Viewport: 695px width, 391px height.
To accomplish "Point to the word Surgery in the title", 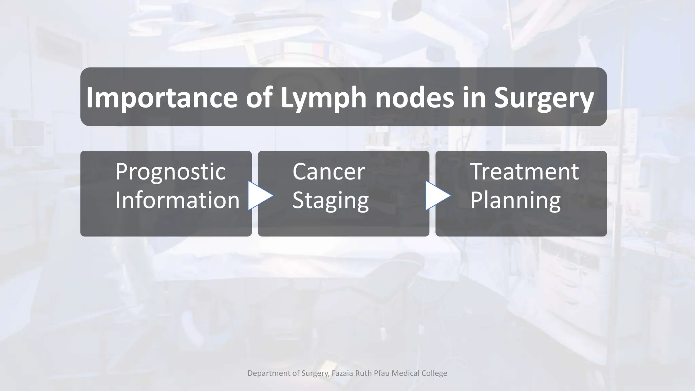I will point(544,98).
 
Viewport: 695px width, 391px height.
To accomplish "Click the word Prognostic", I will point(170,172).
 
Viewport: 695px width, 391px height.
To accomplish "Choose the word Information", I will point(177,200).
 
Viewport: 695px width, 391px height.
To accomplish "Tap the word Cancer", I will point(328,172).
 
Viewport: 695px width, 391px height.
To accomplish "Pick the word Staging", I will point(331,201).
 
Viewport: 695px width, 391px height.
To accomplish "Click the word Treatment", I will point(524,172).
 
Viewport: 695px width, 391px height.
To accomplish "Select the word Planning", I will point(515,201).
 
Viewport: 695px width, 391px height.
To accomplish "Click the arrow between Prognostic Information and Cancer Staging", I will point(260,196).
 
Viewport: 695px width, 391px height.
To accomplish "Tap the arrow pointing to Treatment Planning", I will point(437,196).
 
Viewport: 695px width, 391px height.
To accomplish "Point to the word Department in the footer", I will point(269,373).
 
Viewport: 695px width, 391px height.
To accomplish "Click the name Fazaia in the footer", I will point(342,373).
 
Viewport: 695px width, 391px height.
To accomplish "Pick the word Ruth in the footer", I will point(363,373).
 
